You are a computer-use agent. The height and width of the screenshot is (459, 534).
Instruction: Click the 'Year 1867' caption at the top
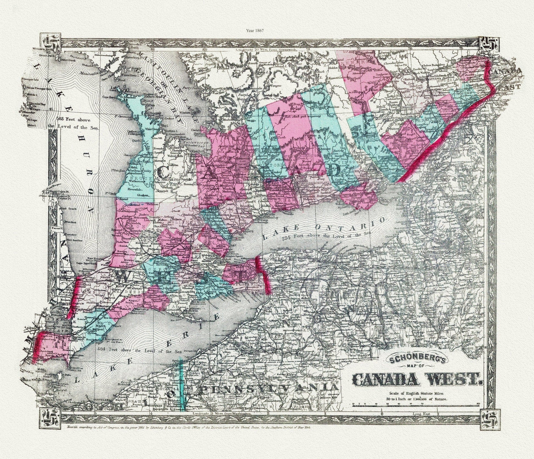255,30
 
